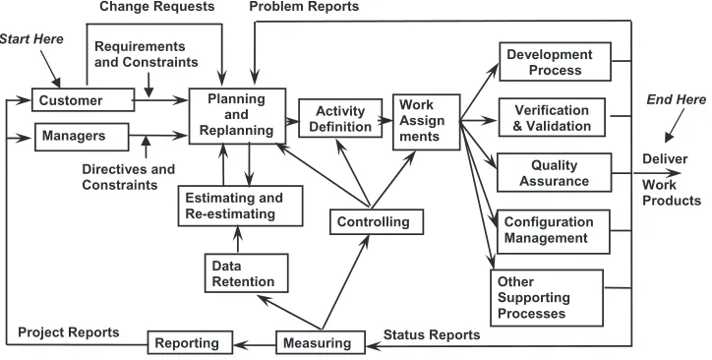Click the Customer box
pyautogui.click(x=83, y=100)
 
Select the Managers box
pyautogui.click(x=82, y=137)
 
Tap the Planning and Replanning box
pyautogui.click(x=237, y=116)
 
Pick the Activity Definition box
pyautogui.click(x=340, y=118)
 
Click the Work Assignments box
pyautogui.click(x=426, y=122)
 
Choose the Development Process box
pyautogui.click(x=555, y=62)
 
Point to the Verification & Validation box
pyautogui.click(x=552, y=117)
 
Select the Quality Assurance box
pyautogui.click(x=554, y=172)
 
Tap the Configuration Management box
pyautogui.click(x=554, y=231)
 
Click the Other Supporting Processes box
pyautogui.click(x=547, y=298)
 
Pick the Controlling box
pyautogui.click(x=377, y=222)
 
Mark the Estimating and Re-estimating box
pyautogui.click(x=240, y=206)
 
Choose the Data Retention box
pyautogui.click(x=246, y=272)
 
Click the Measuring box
pyautogui.click(x=321, y=342)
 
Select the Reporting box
pyautogui.click(x=190, y=342)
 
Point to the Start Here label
pyautogui.click(x=31, y=39)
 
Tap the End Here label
pyautogui.click(x=677, y=99)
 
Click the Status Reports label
pyautogui.click(x=432, y=335)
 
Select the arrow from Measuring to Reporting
pyautogui.click(x=255, y=345)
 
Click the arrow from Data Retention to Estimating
pyautogui.click(x=237, y=240)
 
